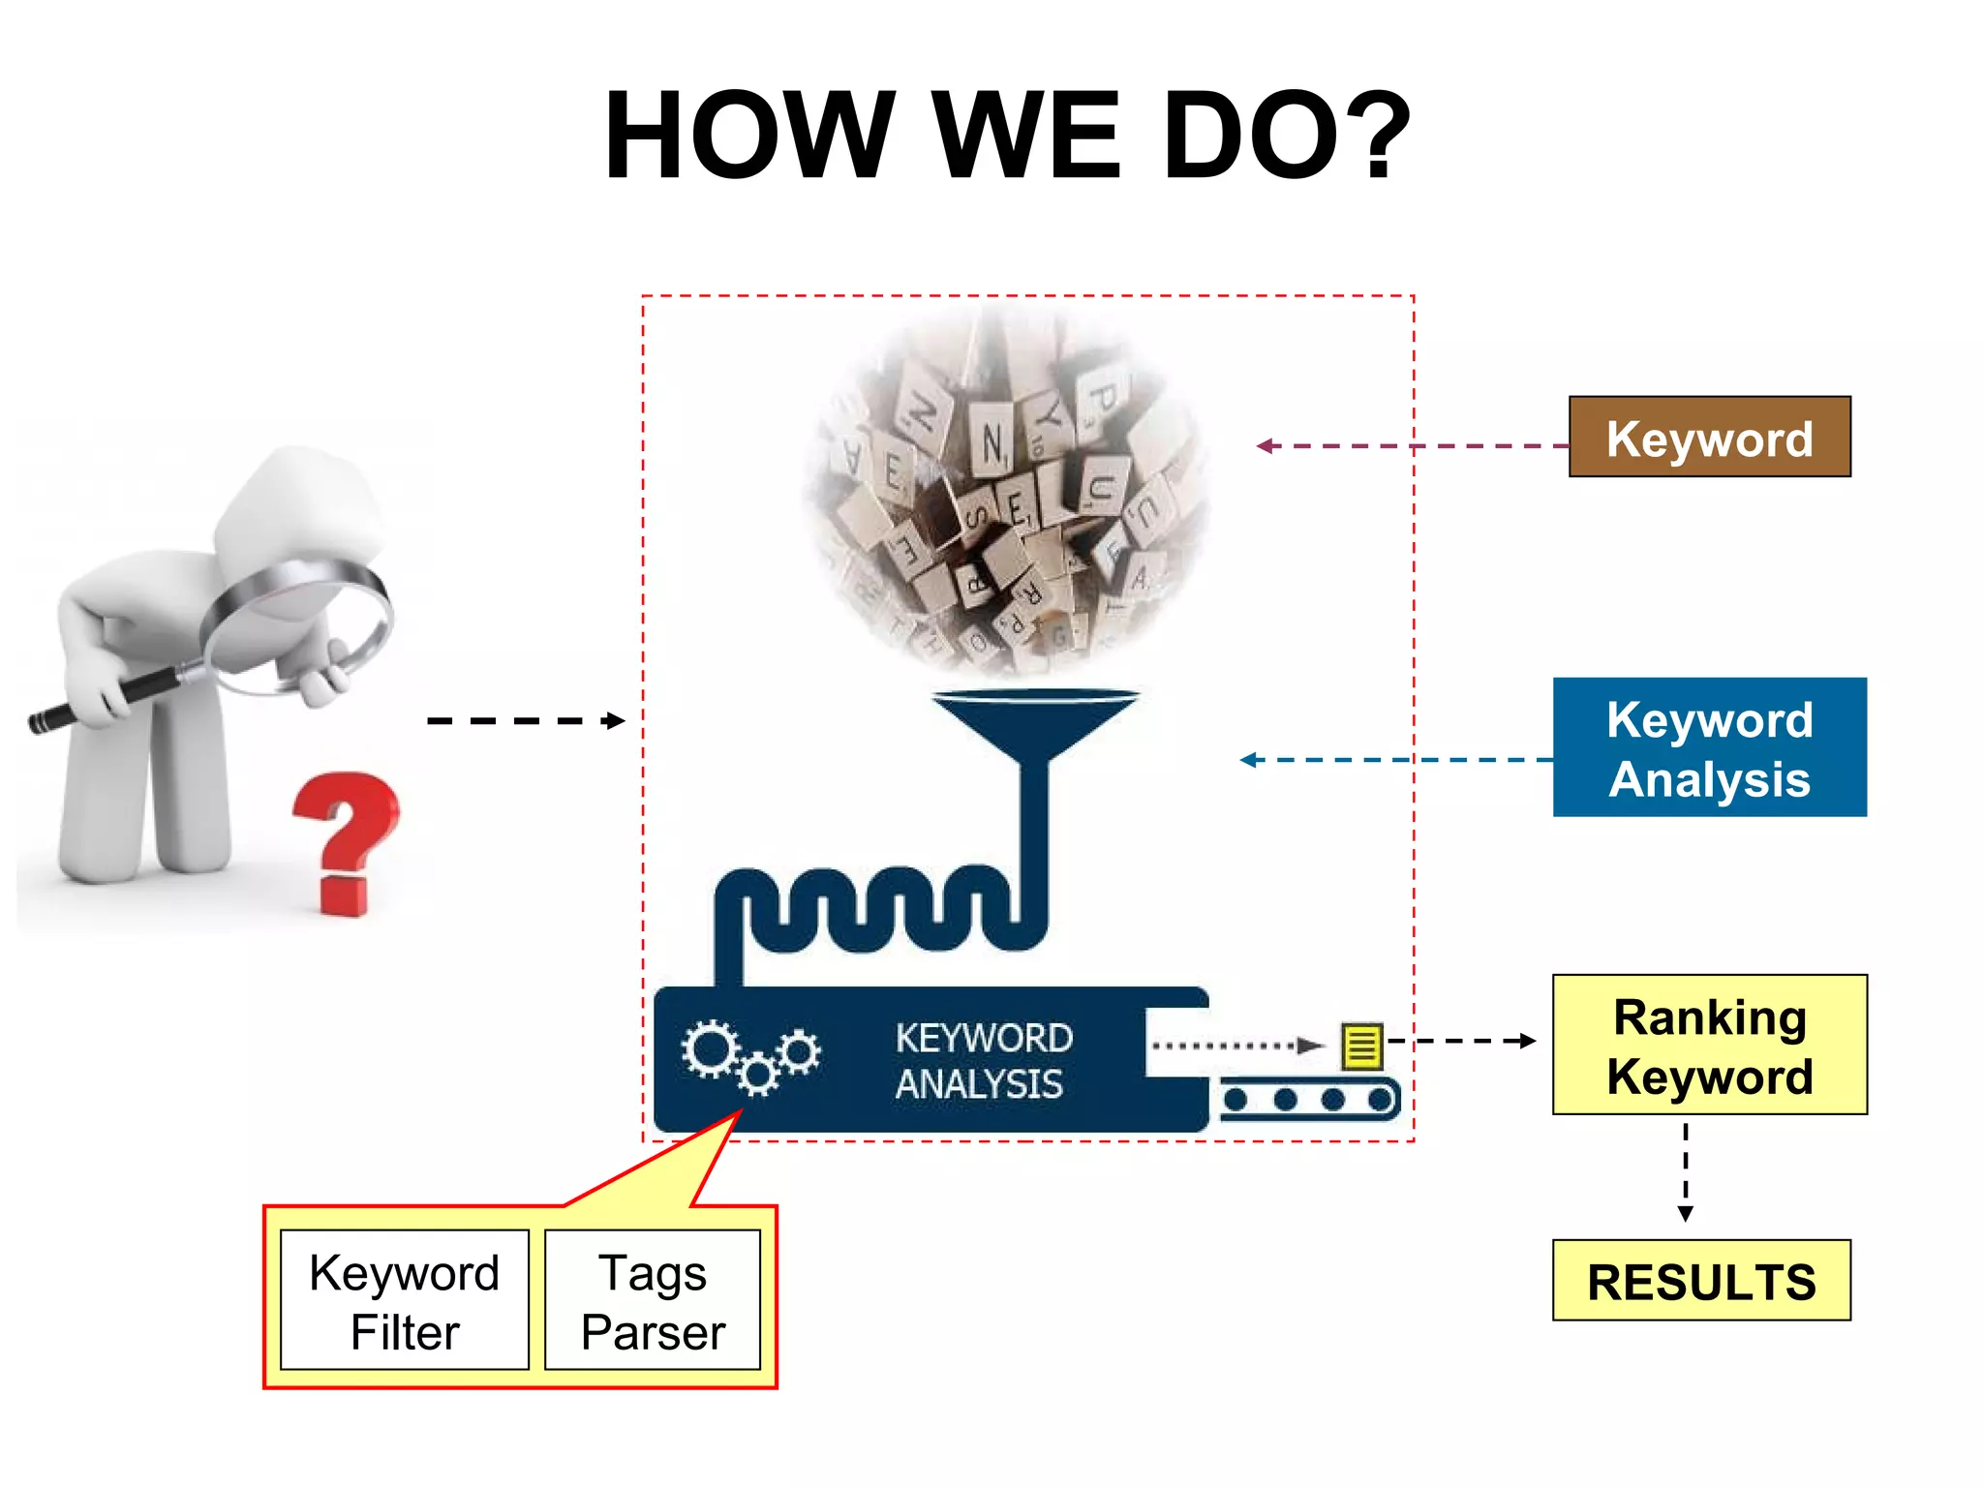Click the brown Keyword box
(x=1709, y=438)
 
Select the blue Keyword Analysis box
(x=1709, y=747)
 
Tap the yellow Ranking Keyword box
(x=1709, y=1045)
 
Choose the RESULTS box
(x=1701, y=1280)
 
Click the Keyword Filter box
(x=405, y=1300)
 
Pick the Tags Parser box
(x=653, y=1300)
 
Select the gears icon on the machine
(x=749, y=1055)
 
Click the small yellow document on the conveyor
(x=1361, y=1046)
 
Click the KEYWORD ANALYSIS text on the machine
(x=983, y=1061)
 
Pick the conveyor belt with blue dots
(x=1308, y=1100)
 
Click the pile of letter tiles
(x=1007, y=494)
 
